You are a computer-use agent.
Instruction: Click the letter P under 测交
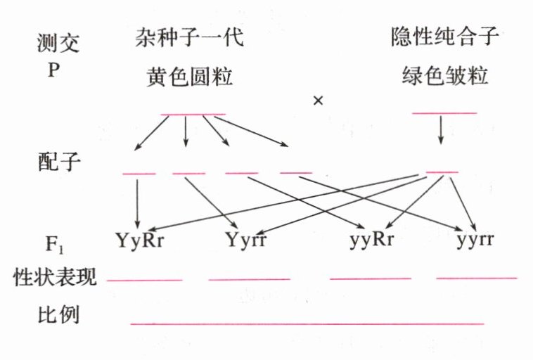click(x=52, y=72)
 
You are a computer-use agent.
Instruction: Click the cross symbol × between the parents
click(x=318, y=101)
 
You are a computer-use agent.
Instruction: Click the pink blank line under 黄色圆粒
click(x=193, y=114)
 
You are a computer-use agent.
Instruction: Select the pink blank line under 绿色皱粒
click(x=444, y=112)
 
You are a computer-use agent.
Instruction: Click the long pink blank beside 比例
click(x=307, y=323)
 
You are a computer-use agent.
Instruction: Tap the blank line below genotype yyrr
click(x=476, y=278)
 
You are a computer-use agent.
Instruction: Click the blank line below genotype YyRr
click(x=145, y=280)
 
